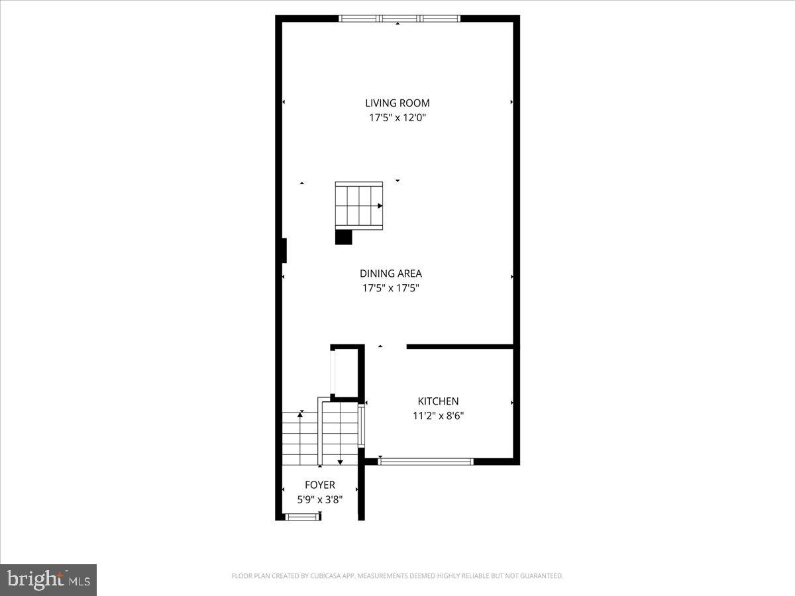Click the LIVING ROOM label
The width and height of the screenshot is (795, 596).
[397, 103]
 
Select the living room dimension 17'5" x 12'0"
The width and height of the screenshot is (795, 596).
[397, 118]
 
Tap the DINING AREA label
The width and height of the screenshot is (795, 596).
[390, 273]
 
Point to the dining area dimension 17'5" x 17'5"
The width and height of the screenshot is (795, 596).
[390, 288]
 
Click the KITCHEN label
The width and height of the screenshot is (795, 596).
[438, 401]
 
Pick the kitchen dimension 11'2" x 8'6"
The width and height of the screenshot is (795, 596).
[438, 416]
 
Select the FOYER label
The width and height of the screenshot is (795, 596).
[320, 485]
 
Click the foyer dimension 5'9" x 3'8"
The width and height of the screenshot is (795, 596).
[320, 499]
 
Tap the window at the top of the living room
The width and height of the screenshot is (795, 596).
[399, 19]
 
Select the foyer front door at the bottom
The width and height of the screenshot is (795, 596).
[302, 517]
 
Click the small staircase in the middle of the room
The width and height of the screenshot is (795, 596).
[358, 205]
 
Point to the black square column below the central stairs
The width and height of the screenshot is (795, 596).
[343, 237]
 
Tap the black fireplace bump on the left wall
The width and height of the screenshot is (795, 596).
[284, 250]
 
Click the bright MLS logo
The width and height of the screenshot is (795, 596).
[48, 579]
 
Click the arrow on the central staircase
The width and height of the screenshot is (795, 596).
[380, 206]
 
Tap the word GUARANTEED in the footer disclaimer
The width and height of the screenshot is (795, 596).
[540, 576]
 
